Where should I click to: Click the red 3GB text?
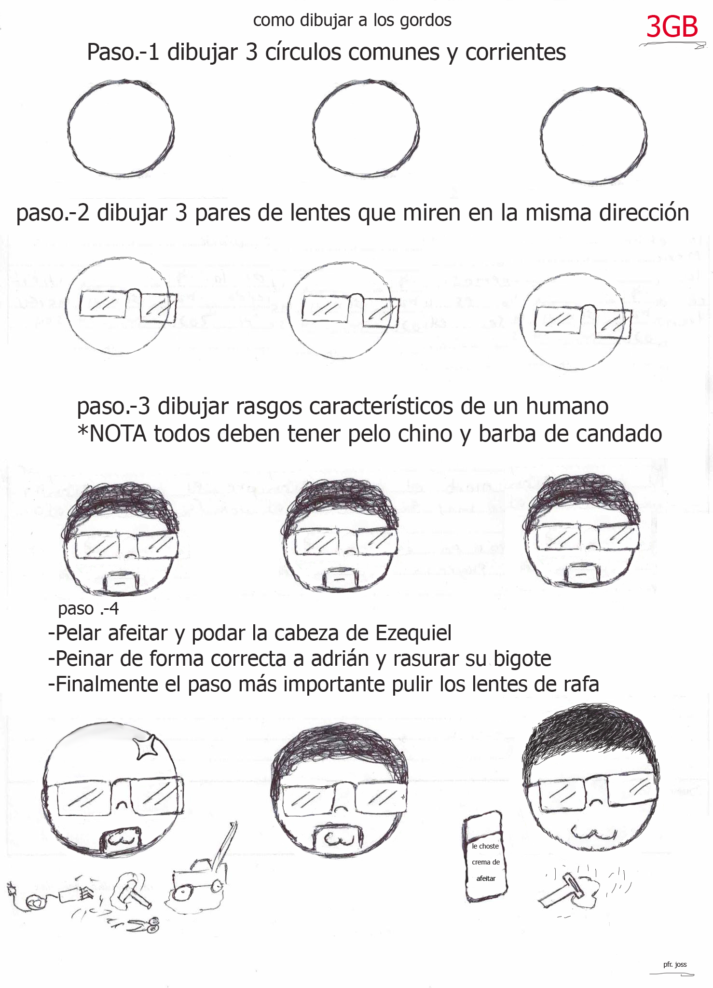coord(672,27)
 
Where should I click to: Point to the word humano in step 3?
coord(567,406)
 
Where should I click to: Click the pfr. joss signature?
coord(675,964)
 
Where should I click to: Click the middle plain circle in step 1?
coord(366,128)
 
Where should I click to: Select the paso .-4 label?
coord(88,609)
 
